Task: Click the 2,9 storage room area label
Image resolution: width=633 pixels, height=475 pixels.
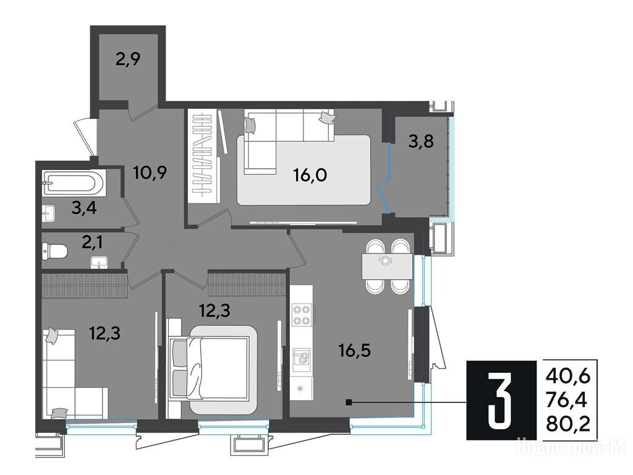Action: (127, 59)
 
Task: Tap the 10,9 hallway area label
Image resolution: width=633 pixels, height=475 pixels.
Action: (150, 173)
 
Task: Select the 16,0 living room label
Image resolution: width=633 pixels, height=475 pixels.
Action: (310, 176)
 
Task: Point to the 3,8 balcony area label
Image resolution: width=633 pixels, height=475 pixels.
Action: (420, 142)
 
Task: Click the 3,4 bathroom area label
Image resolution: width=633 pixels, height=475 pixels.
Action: (83, 209)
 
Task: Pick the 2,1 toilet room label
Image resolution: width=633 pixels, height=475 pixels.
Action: (92, 242)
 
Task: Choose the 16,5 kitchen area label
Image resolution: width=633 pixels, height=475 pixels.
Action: (354, 351)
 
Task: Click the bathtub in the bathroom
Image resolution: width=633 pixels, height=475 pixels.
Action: (74, 184)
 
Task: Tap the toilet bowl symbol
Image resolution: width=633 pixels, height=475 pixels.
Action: (54, 251)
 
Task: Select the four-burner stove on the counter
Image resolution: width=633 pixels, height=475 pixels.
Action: (302, 315)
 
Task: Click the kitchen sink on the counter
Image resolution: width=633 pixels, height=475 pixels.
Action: (302, 357)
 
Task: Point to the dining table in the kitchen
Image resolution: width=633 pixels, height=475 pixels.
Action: (387, 266)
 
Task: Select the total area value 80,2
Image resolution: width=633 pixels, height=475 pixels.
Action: (568, 424)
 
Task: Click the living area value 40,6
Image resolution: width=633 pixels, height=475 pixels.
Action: (568, 377)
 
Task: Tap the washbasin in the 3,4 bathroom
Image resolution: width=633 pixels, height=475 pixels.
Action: (48, 213)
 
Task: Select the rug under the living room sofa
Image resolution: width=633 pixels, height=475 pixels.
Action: (304, 170)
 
